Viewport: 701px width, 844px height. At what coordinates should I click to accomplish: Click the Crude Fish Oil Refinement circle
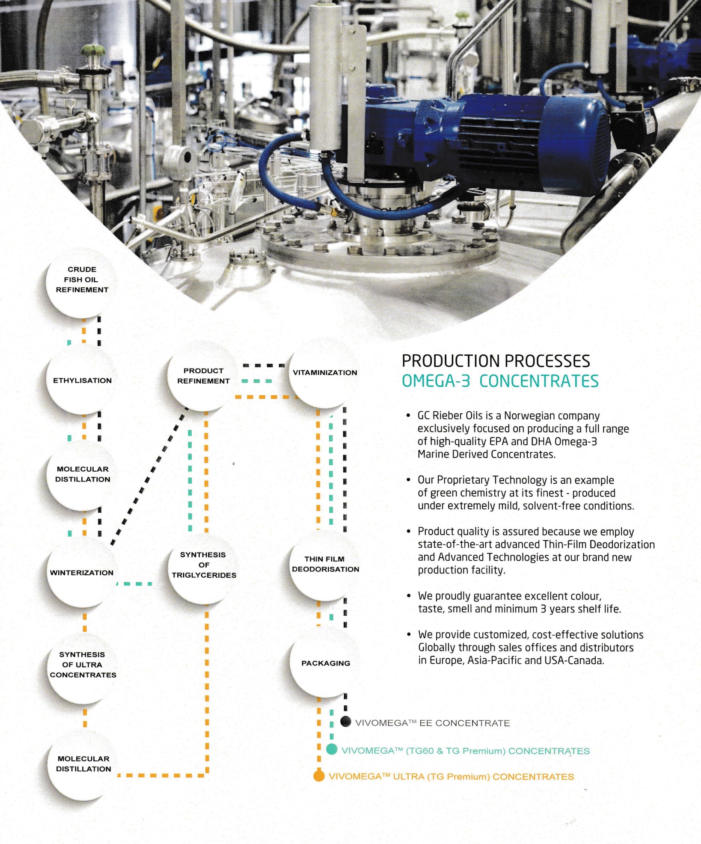81,283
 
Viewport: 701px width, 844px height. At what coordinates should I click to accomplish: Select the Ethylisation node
81,380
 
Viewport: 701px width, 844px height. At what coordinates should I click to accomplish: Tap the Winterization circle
81,572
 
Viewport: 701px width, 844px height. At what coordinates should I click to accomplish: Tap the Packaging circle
325,663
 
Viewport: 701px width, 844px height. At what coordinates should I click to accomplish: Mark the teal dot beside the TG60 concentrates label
332,749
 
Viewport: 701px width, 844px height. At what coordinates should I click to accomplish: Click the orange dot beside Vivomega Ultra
318,776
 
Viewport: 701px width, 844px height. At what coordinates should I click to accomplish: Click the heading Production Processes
496,361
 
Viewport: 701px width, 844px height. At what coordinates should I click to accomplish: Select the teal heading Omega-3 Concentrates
500,381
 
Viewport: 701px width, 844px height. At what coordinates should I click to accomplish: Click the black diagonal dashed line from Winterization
150,475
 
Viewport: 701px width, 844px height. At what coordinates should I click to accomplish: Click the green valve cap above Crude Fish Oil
94,49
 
